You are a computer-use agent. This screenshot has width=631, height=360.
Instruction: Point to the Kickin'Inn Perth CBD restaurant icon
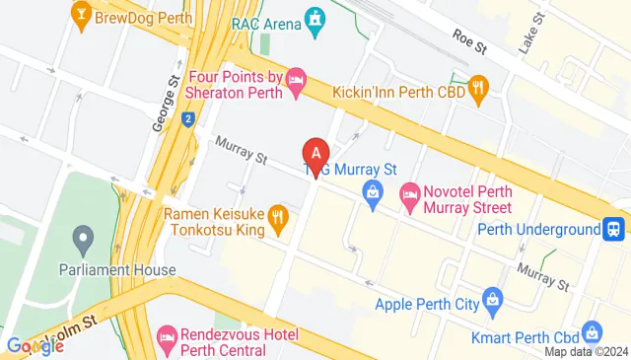click(x=478, y=89)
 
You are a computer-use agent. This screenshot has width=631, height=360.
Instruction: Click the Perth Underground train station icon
click(x=613, y=229)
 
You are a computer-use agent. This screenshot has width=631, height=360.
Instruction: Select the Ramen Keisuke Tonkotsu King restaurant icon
click(x=278, y=216)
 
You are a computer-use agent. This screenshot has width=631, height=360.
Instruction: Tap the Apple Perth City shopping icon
click(x=492, y=298)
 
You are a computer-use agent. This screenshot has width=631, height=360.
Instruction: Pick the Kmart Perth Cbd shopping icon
click(x=592, y=331)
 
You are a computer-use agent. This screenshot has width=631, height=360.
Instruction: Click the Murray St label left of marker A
click(x=243, y=154)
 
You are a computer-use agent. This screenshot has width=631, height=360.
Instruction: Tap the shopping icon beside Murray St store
click(x=373, y=191)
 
